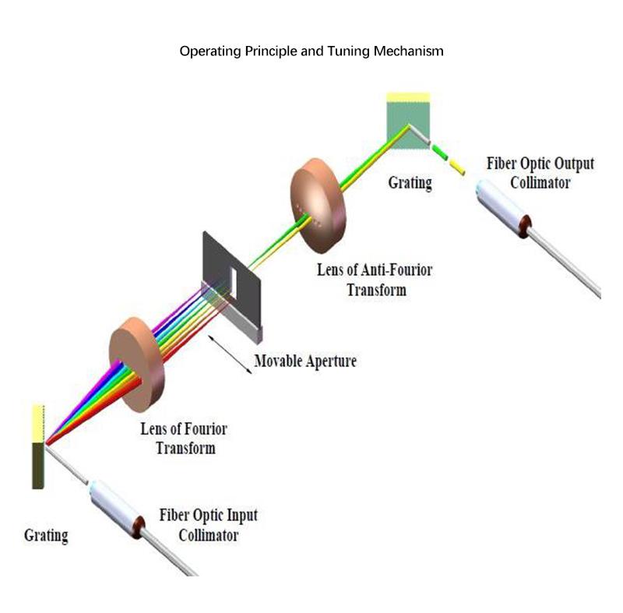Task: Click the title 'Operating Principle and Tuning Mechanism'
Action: pyautogui.click(x=311, y=52)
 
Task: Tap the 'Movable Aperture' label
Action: pyautogui.click(x=304, y=361)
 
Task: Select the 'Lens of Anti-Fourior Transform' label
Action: pyautogui.click(x=374, y=280)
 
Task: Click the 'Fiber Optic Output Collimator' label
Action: pyautogui.click(x=540, y=173)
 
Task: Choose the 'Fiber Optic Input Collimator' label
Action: pyautogui.click(x=208, y=525)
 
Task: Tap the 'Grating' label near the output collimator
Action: pyautogui.click(x=410, y=183)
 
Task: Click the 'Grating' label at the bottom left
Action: pyautogui.click(x=46, y=536)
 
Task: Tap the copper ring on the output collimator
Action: pyautogui.click(x=531, y=227)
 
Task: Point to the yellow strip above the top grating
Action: pyautogui.click(x=408, y=97)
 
